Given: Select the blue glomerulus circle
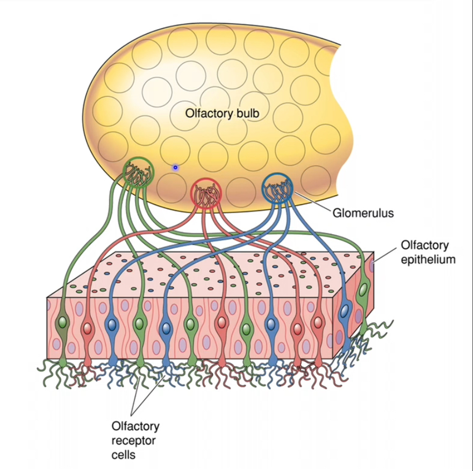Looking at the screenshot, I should click(x=276, y=187).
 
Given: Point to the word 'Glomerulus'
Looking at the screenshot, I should click(x=363, y=213).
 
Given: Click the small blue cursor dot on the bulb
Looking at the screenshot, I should click(x=175, y=168).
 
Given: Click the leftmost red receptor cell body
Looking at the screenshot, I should click(x=87, y=327).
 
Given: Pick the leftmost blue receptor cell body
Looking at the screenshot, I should click(x=112, y=325).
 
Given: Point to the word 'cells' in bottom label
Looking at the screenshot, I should click(x=124, y=455).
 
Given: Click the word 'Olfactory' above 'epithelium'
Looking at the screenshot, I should click(x=425, y=246).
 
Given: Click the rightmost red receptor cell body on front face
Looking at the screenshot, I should click(x=319, y=323).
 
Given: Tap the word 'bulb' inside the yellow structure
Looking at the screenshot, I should click(x=240, y=114).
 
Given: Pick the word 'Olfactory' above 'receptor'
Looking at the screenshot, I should click(x=135, y=427).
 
